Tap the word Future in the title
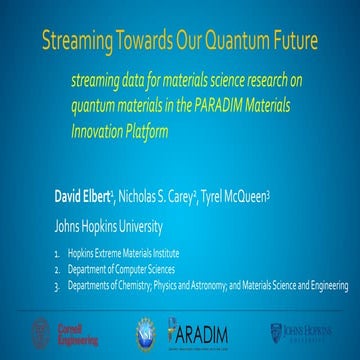[x=290, y=41]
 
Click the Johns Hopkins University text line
[x=115, y=226]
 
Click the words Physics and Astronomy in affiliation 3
[x=203, y=286]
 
